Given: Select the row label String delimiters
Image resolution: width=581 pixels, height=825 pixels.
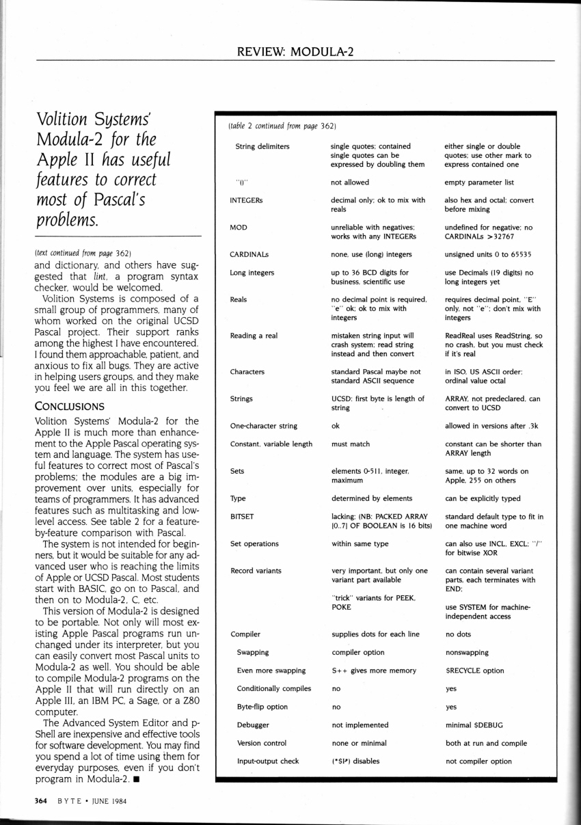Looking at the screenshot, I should coord(262,146).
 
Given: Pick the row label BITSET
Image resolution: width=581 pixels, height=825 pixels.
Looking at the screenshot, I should coord(242,517).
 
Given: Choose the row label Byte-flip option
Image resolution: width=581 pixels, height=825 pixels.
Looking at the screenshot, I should coord(262,707).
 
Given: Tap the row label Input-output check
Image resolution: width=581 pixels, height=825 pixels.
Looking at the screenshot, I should coord(267,760).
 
